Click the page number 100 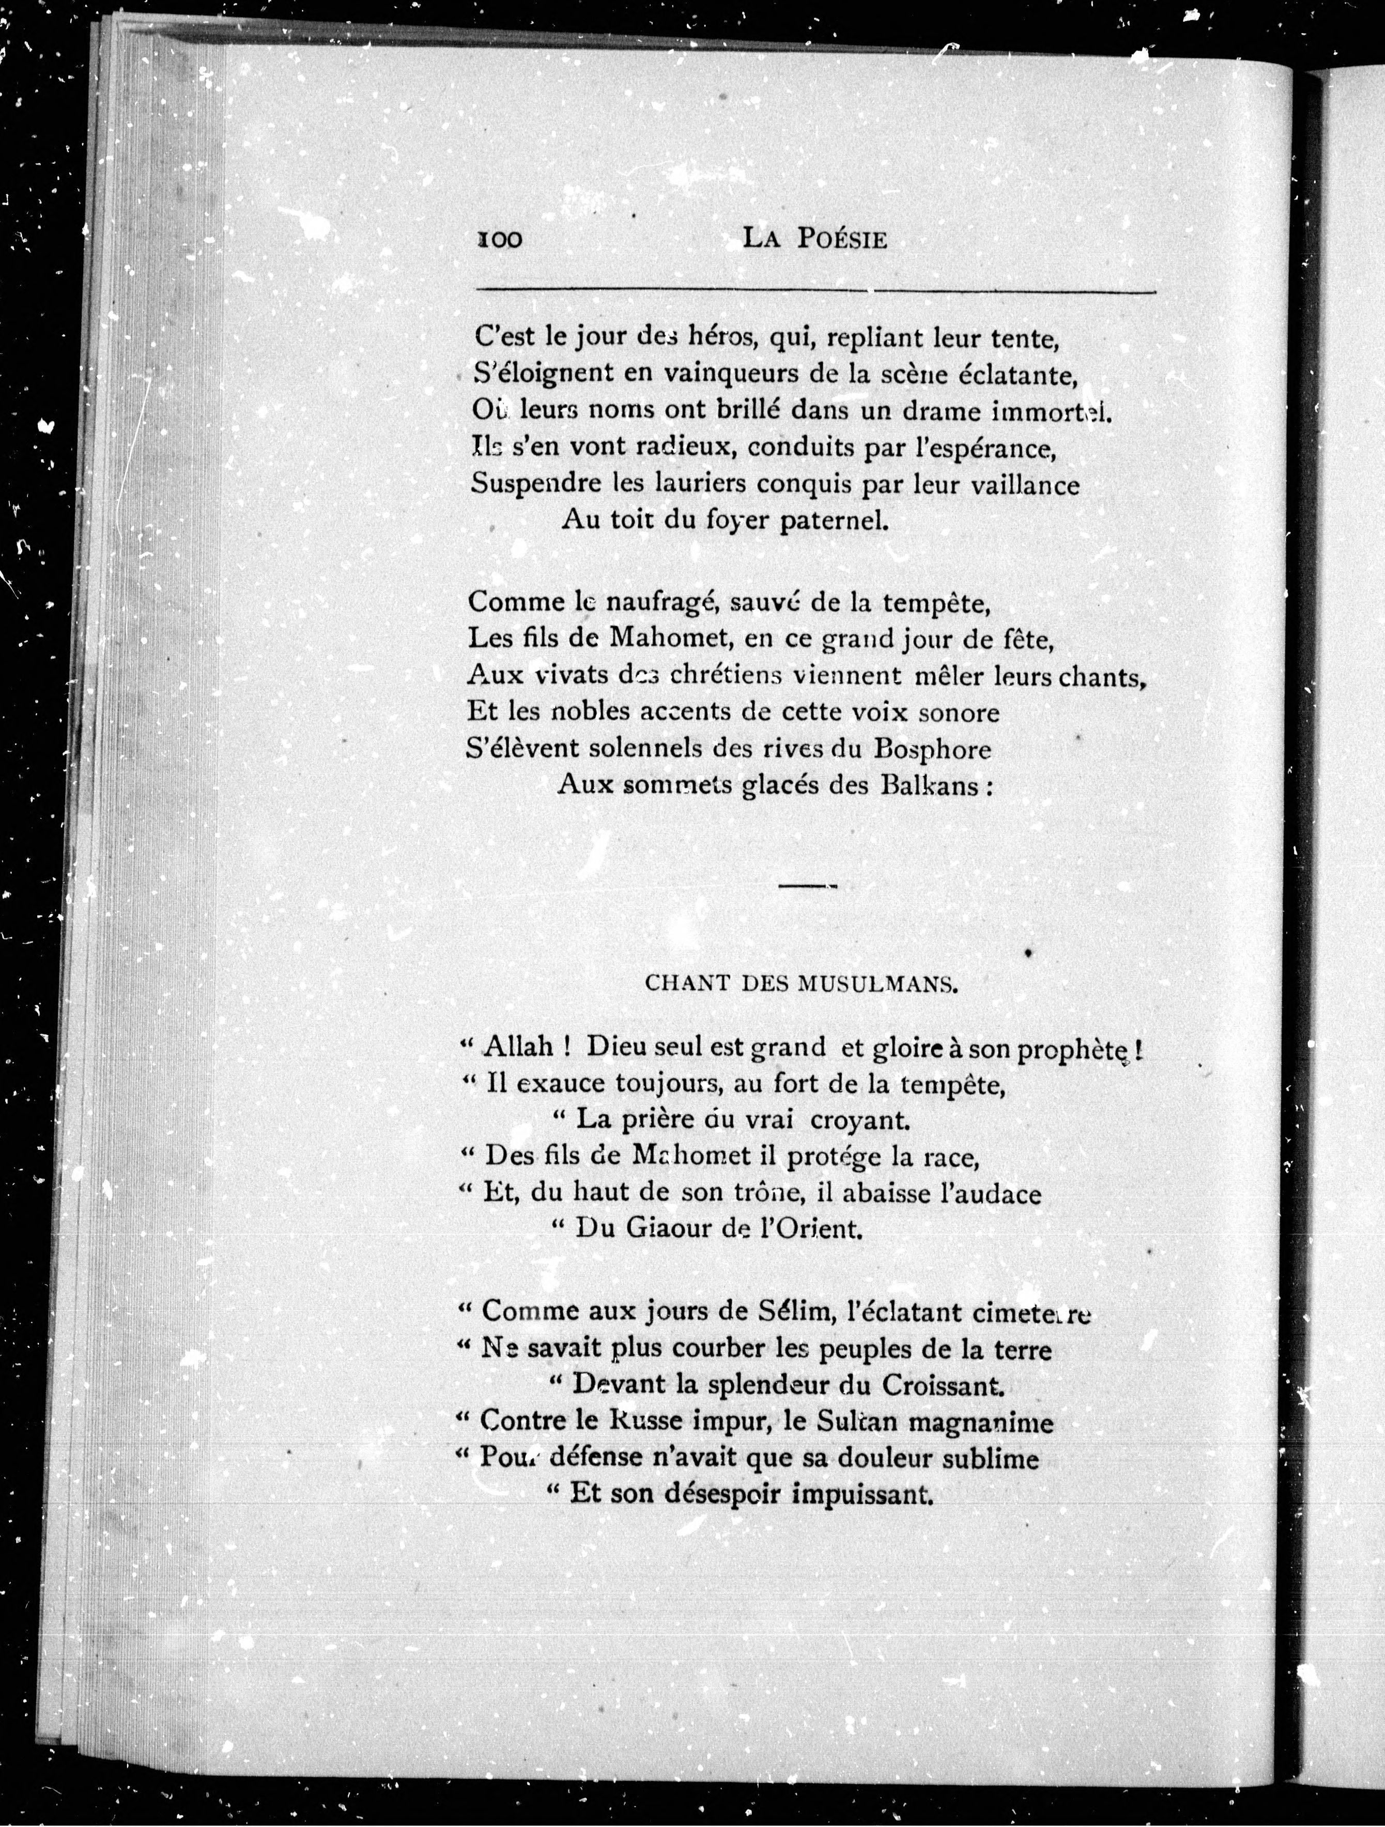pyautogui.click(x=500, y=240)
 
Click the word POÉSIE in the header pyautogui.click(x=842, y=240)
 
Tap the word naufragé pyautogui.click(x=656, y=602)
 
